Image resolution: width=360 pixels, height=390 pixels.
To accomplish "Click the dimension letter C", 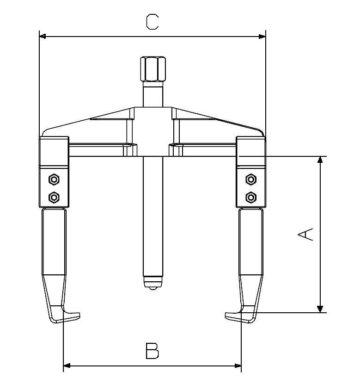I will pos(152,22).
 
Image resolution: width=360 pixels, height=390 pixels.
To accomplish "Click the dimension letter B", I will pos(152,351).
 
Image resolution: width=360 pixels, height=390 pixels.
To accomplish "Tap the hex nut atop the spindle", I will pos(153,69).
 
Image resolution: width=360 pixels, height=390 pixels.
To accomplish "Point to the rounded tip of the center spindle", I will pos(153,283).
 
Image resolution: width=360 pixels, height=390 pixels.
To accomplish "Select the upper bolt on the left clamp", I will pos(54,179).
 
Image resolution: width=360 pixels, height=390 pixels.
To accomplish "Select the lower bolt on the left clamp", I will pos(54,198).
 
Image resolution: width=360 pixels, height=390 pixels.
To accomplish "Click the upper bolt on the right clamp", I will pos(251,179).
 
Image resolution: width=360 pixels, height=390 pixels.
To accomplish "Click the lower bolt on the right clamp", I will pos(251,198).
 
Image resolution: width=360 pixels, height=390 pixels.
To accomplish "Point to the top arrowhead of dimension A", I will pos(319,160).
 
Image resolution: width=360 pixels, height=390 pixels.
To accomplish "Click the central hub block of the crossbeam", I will pos(153,132).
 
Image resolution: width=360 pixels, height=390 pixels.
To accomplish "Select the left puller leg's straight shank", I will pos(54,241).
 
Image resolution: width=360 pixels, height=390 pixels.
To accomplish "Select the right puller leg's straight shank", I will pos(251,241).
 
